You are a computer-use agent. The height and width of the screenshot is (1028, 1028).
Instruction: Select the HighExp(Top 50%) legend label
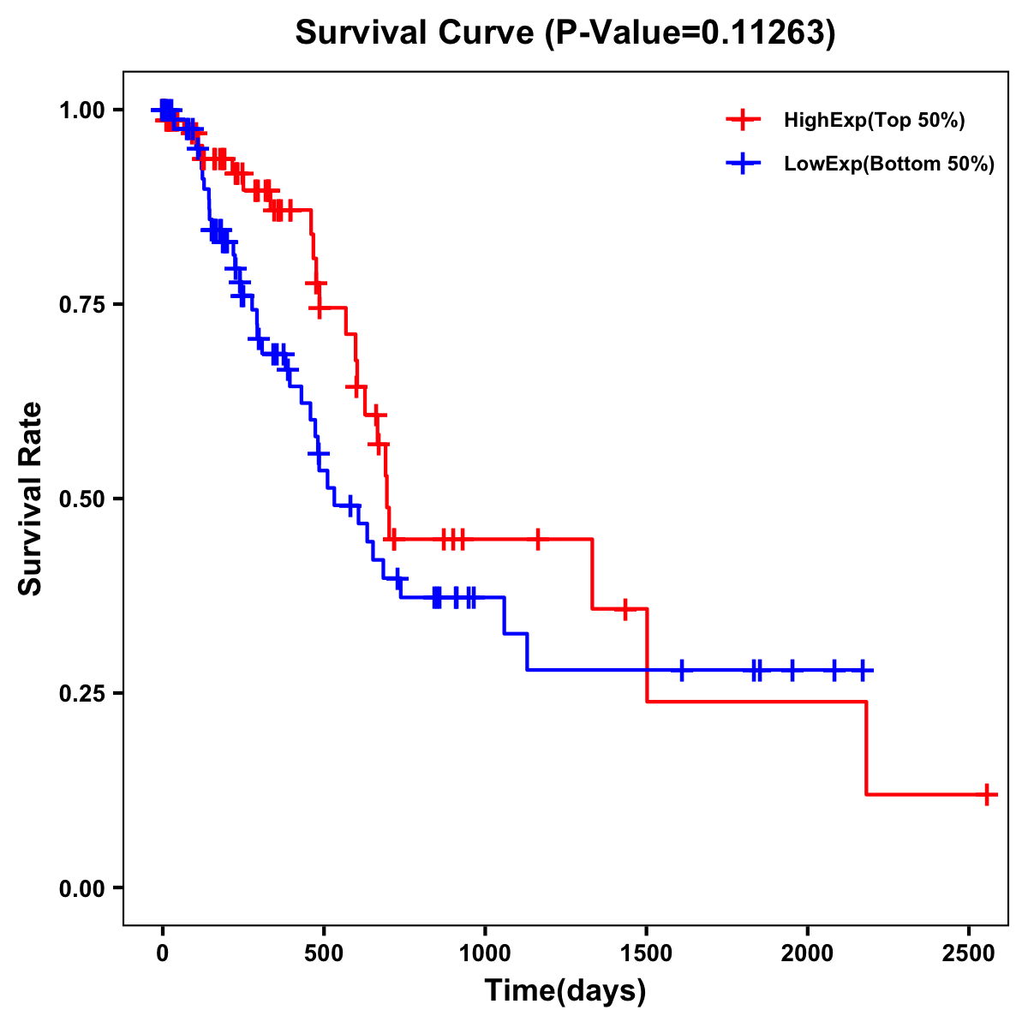[x=875, y=121]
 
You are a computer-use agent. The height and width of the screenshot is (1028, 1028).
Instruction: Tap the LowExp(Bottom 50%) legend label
[x=889, y=164]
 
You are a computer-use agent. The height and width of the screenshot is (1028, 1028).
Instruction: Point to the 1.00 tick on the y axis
[x=81, y=110]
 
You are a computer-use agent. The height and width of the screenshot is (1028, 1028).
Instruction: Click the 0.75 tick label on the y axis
[x=81, y=304]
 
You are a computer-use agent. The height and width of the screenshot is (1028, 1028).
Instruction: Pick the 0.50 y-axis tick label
[x=81, y=499]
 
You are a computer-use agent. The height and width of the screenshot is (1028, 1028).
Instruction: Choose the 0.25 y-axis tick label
[x=81, y=693]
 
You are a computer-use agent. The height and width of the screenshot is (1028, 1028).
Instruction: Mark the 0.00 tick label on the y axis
[x=81, y=888]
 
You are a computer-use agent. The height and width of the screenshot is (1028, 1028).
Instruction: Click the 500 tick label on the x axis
[x=324, y=951]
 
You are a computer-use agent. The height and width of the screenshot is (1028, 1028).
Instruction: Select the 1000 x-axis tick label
[x=485, y=951]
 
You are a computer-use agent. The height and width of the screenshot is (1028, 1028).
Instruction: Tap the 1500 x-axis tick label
[x=647, y=951]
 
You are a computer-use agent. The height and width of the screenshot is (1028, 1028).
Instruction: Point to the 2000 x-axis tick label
[x=808, y=951]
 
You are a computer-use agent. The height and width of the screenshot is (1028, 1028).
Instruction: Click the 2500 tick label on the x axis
[x=969, y=951]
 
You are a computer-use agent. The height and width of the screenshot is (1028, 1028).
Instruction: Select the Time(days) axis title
[x=565, y=991]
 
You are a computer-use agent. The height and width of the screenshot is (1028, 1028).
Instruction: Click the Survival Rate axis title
[x=31, y=499]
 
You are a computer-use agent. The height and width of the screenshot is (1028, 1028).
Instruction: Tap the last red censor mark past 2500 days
[x=987, y=795]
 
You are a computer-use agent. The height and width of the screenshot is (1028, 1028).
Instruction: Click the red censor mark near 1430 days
[x=625, y=609]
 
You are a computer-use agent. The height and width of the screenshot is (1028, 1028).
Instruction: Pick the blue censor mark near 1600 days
[x=682, y=670]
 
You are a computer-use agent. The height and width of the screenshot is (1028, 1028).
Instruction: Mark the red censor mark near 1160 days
[x=538, y=539]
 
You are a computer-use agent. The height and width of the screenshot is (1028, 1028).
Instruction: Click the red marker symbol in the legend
[x=744, y=121]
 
